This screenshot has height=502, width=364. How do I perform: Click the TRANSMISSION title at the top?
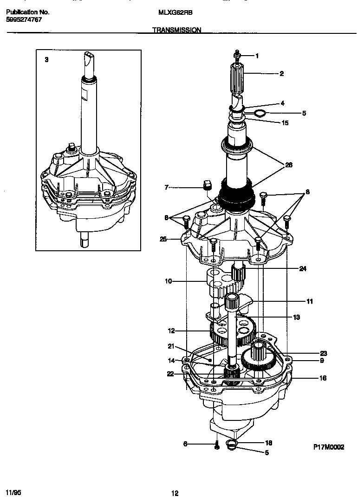coord(176,30)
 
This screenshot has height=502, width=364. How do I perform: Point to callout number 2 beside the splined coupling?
coord(281,74)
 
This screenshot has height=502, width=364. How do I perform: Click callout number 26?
coord(289,165)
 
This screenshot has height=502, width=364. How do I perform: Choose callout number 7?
coord(166,187)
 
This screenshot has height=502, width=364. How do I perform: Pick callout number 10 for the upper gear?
coord(168,281)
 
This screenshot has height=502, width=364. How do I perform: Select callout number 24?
coord(302,268)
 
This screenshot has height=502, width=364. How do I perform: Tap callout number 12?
coord(171,331)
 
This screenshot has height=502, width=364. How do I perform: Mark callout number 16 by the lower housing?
coord(323,378)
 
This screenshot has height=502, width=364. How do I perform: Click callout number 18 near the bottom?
coord(268,443)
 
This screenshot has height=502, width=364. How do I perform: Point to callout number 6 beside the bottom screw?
coord(185,444)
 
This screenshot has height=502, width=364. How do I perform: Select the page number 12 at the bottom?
coord(175,493)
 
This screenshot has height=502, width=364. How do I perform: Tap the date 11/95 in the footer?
coord(13,490)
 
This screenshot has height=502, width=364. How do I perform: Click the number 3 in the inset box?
coord(46,60)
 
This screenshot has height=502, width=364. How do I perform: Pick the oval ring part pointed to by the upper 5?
coord(260,113)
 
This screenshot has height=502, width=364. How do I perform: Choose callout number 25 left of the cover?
coord(163,240)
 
